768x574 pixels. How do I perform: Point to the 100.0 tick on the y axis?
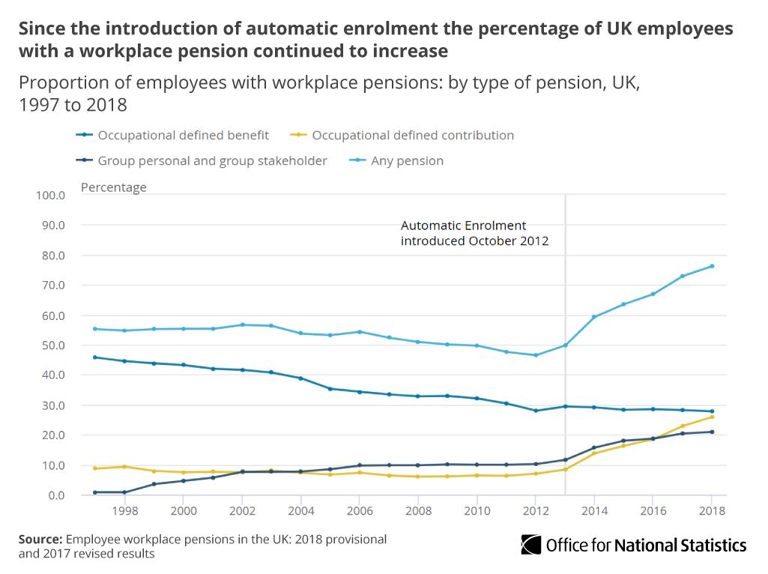51,196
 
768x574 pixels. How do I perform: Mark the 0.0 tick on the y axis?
56,495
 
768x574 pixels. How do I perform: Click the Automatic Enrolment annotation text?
474,233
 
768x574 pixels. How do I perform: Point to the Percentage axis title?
114,187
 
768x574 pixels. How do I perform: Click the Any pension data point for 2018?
712,266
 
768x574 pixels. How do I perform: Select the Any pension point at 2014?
594,317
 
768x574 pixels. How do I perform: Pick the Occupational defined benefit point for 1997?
95,357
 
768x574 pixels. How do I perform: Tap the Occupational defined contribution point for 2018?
712,417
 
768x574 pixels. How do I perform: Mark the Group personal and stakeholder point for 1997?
95,492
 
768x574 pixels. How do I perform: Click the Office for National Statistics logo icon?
531,545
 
